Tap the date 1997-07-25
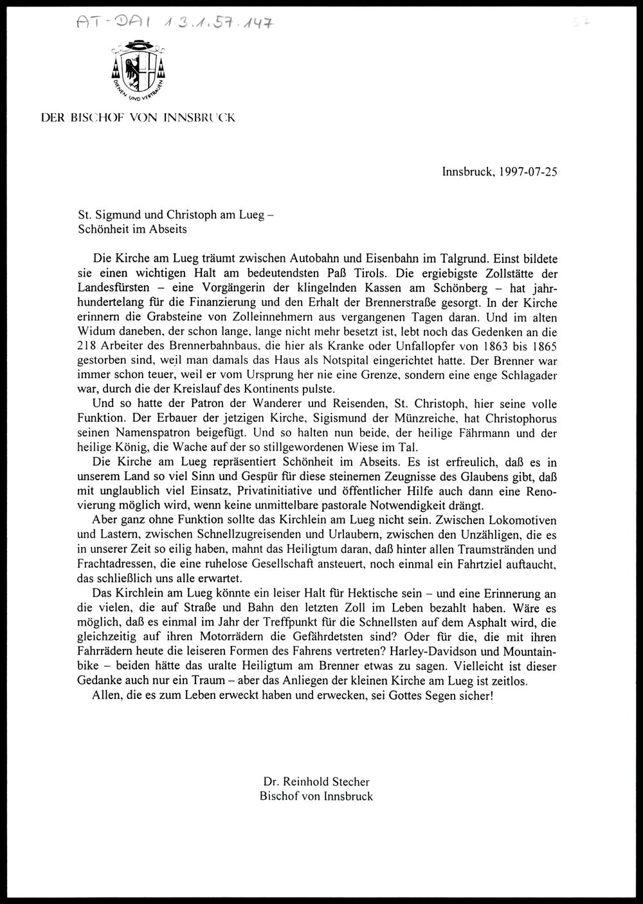(525, 172)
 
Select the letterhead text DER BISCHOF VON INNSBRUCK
(138, 118)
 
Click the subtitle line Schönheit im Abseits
(132, 228)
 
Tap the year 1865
(542, 347)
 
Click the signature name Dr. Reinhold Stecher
(316, 782)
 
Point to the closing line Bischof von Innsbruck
(316, 796)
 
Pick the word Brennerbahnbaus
(195, 347)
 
